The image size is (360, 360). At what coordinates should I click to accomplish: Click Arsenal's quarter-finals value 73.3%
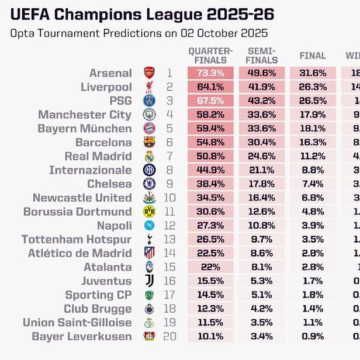[210, 73]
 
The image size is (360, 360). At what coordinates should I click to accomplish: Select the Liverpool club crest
[149, 87]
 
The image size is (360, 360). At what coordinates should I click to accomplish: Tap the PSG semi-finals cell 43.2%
[261, 101]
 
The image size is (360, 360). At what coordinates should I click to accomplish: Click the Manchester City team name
[85, 115]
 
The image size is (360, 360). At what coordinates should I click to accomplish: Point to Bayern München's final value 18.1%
[312, 129]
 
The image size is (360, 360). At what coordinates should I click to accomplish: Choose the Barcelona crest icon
[149, 143]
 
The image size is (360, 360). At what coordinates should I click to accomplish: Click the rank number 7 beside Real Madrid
[169, 156]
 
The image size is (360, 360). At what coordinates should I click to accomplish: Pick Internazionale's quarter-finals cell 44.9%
[210, 170]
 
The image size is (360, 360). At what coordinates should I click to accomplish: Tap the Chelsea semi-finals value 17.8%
[261, 184]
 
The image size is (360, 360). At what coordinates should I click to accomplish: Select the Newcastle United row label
[82, 198]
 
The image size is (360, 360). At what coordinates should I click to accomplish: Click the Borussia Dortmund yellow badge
[149, 212]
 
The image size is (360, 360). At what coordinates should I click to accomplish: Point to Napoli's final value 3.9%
[312, 226]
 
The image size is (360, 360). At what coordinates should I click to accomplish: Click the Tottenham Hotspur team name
[76, 240]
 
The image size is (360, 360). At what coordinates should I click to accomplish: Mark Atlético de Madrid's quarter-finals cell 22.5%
[210, 253]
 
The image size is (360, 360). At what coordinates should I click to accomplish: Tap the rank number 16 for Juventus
[169, 281]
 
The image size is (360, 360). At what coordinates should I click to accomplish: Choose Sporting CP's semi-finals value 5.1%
[261, 295]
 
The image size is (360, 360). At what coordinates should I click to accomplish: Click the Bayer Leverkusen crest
[149, 337]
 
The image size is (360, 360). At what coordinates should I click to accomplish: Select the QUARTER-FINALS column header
[210, 56]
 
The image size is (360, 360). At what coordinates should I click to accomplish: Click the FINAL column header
[312, 56]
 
